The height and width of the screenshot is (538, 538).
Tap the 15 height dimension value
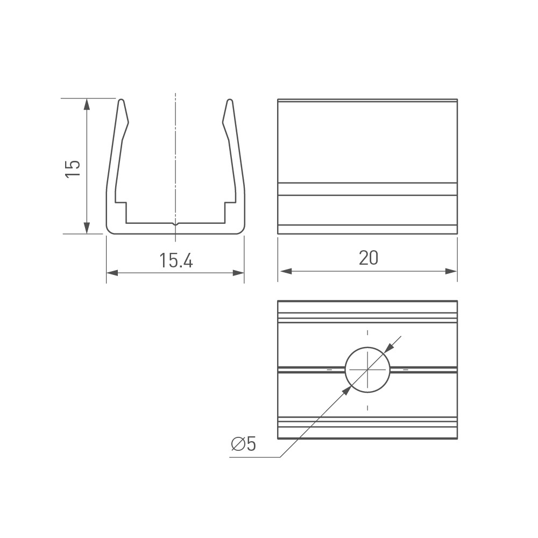coord(73,168)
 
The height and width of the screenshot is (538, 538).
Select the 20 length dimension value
coord(369,258)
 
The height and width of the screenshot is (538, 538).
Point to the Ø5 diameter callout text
coord(244,444)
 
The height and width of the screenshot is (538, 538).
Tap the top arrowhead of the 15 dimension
coord(87,104)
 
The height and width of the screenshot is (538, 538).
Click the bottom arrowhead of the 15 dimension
coord(87,228)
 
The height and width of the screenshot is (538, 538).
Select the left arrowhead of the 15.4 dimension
coord(112,273)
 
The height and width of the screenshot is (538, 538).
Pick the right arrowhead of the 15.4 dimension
coord(238,273)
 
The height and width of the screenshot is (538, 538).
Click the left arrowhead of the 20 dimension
coord(286,271)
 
